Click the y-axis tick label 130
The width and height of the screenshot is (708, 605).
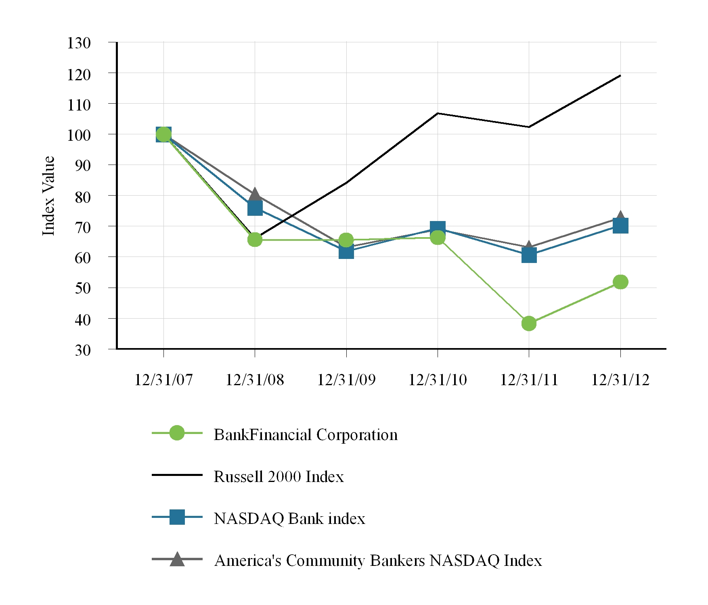79,43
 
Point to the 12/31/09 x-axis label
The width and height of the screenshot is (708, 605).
346,380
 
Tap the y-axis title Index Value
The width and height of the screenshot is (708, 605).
48,196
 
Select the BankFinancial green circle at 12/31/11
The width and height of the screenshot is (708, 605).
529,323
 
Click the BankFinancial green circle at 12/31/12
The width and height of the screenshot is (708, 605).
620,282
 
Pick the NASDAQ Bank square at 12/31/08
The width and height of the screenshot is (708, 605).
255,208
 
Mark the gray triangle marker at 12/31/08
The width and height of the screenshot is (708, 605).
255,194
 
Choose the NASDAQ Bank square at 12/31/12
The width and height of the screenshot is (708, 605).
620,226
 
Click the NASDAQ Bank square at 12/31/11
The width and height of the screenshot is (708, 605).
529,255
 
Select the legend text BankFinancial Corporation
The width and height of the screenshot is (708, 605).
306,435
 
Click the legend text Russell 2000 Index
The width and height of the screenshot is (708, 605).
279,477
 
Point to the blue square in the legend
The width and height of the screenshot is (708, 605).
177,517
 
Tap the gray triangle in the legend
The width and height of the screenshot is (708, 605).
177,559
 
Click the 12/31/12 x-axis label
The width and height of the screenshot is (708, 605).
620,380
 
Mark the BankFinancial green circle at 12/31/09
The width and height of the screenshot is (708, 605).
346,240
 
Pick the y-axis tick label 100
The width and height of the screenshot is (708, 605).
79,135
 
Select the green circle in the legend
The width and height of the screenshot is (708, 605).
177,433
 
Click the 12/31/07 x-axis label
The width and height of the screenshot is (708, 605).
163,380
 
